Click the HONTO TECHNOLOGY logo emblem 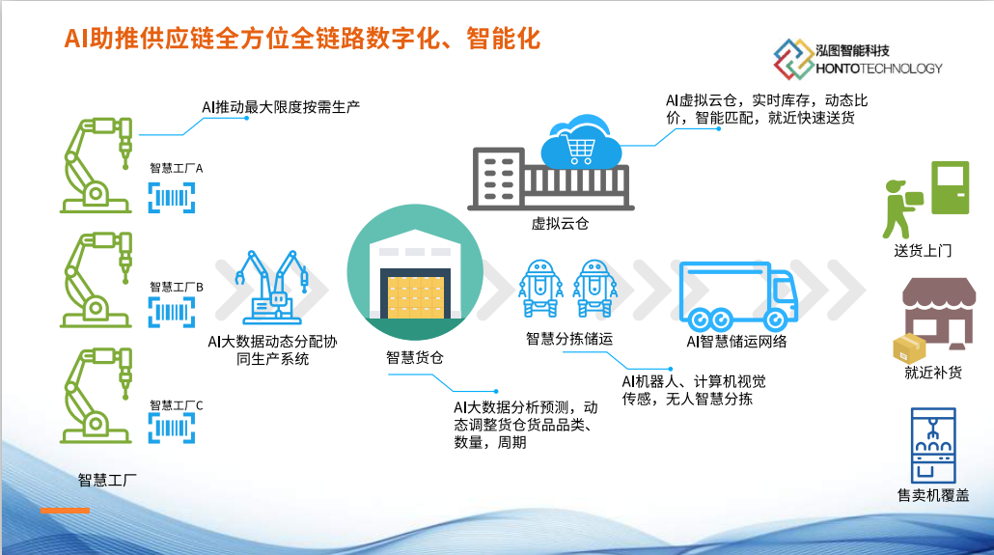click(x=793, y=59)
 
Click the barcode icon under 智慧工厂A click(x=171, y=197)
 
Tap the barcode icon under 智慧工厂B click(x=171, y=312)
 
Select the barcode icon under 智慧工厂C click(x=171, y=429)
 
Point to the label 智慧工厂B click(x=177, y=287)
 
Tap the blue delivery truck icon click(x=738, y=295)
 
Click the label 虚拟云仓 click(x=560, y=223)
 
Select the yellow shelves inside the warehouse click(x=415, y=297)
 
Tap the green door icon click(x=950, y=187)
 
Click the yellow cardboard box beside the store click(x=909, y=348)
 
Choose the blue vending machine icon click(x=932, y=445)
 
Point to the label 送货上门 click(x=923, y=251)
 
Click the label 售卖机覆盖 click(x=933, y=495)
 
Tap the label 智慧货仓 click(x=415, y=358)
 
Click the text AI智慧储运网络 click(x=736, y=342)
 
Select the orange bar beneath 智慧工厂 click(x=65, y=510)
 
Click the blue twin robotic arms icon click(x=272, y=288)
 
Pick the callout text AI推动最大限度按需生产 click(x=281, y=106)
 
